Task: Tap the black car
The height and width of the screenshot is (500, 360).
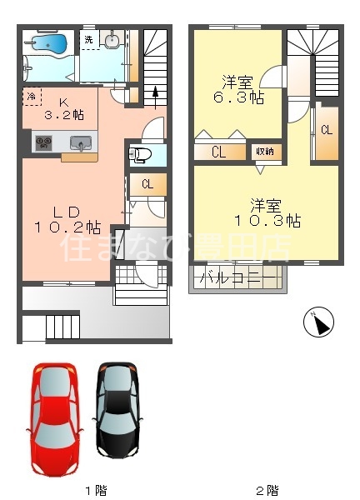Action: [119, 411]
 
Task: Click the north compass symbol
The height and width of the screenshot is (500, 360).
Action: [320, 322]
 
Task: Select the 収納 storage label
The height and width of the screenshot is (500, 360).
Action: [266, 151]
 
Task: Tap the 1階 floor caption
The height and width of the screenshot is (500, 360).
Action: [95, 490]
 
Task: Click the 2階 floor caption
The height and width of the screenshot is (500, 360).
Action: [266, 490]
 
